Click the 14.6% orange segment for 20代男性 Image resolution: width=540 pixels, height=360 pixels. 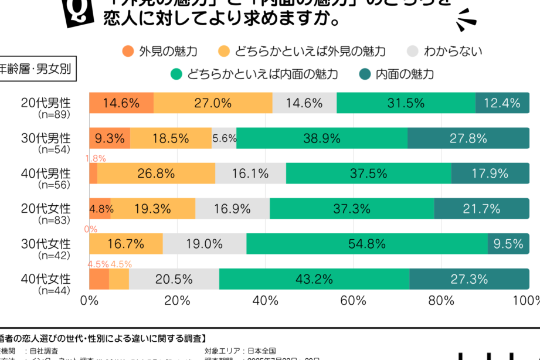(121, 103)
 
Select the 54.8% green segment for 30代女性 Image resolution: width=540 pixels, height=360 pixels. (366, 244)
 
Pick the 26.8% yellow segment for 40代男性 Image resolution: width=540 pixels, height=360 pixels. (156, 174)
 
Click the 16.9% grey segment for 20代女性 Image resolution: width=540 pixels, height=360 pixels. (232, 209)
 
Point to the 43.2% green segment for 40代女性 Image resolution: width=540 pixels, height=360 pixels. (314, 279)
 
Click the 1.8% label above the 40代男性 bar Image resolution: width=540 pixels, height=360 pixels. (96, 158)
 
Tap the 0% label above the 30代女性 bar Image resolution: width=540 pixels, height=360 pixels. (91, 229)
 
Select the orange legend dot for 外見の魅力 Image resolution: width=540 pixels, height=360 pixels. (128, 52)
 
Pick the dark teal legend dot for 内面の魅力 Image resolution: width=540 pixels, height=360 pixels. (364, 74)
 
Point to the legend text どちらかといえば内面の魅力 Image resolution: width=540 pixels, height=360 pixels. (262, 74)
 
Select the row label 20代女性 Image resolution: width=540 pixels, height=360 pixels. (53, 208)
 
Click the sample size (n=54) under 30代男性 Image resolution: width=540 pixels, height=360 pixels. (53, 150)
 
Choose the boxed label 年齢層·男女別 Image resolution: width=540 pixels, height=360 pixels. (35, 69)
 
